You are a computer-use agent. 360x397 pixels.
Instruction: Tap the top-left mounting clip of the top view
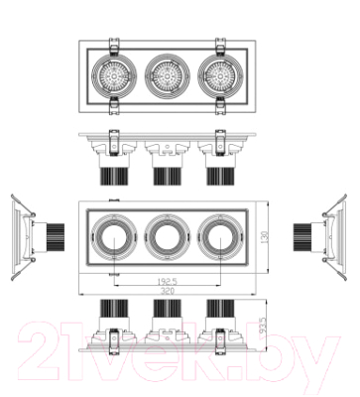point(113,44)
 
